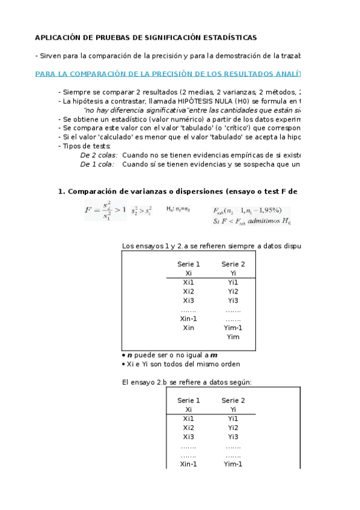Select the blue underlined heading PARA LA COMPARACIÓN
coord(168,73)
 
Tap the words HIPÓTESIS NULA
coord(167,102)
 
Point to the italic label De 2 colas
coord(97,155)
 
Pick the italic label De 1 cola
coord(97,164)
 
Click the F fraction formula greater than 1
coord(105,211)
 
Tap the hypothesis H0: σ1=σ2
coord(178,209)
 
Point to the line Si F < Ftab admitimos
coord(252,221)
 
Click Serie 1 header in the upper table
coord(189,264)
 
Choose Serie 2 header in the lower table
coord(233,401)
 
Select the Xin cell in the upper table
coord(189,328)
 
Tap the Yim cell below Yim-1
coord(233,337)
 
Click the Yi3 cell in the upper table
coord(233,301)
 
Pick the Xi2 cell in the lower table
coord(189,428)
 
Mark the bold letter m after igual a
coord(213,355)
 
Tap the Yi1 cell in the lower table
coord(233,419)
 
